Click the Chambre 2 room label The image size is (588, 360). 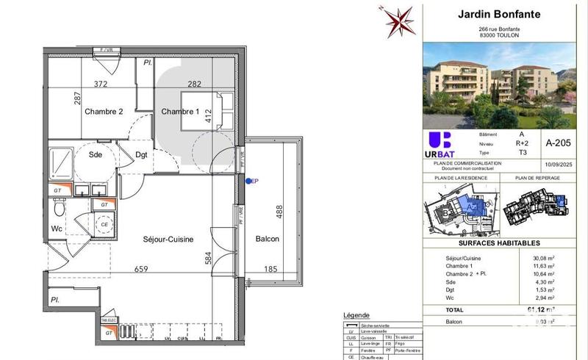click(103, 112)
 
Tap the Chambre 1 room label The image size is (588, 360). click(180, 112)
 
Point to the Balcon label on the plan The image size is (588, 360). click(267, 240)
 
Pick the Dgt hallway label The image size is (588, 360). click(142, 154)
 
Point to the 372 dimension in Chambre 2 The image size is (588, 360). click(101, 84)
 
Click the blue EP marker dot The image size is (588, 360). click(248, 181)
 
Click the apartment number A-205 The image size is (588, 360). click(556, 143)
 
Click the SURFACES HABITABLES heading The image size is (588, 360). click(499, 243)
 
